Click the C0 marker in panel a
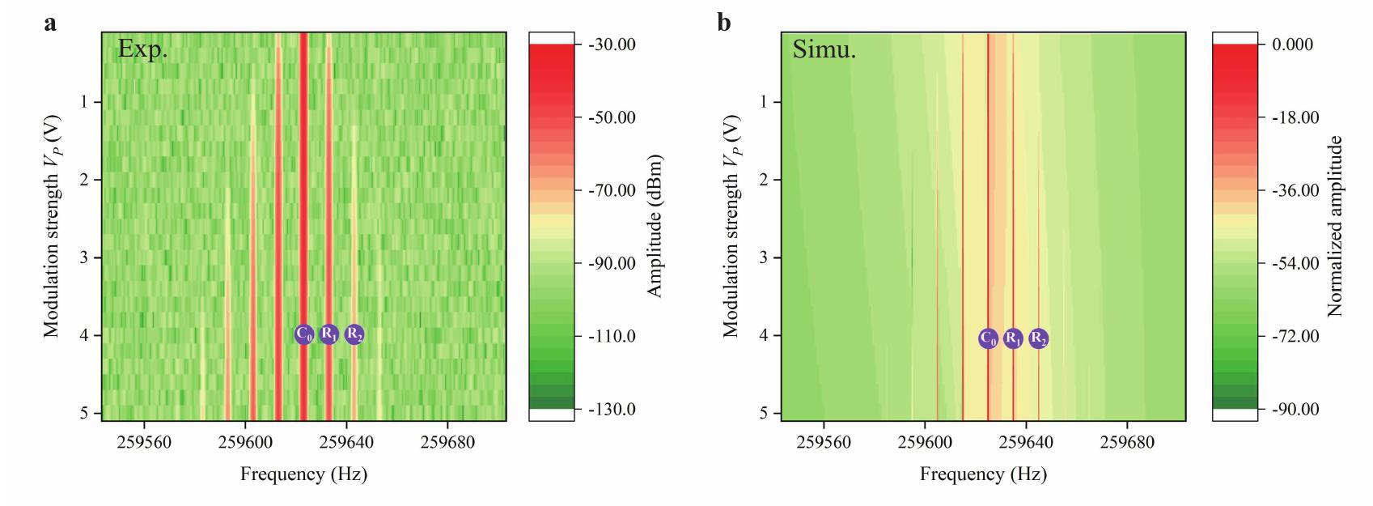coord(303,334)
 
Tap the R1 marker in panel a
coord(328,334)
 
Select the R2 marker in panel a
coord(354,334)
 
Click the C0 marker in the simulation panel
coord(988,338)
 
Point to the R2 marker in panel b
coord(1039,338)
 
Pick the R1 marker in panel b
coord(1013,338)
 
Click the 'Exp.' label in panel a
coord(142,49)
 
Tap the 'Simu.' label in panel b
coord(824,49)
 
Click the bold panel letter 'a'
coord(50,22)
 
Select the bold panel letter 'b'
coord(724,22)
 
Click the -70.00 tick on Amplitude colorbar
coord(608,190)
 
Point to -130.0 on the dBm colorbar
coord(608,409)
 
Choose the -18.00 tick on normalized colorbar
coord(1295,117)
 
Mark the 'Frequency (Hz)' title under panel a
coord(303,474)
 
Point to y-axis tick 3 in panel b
coord(764,257)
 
